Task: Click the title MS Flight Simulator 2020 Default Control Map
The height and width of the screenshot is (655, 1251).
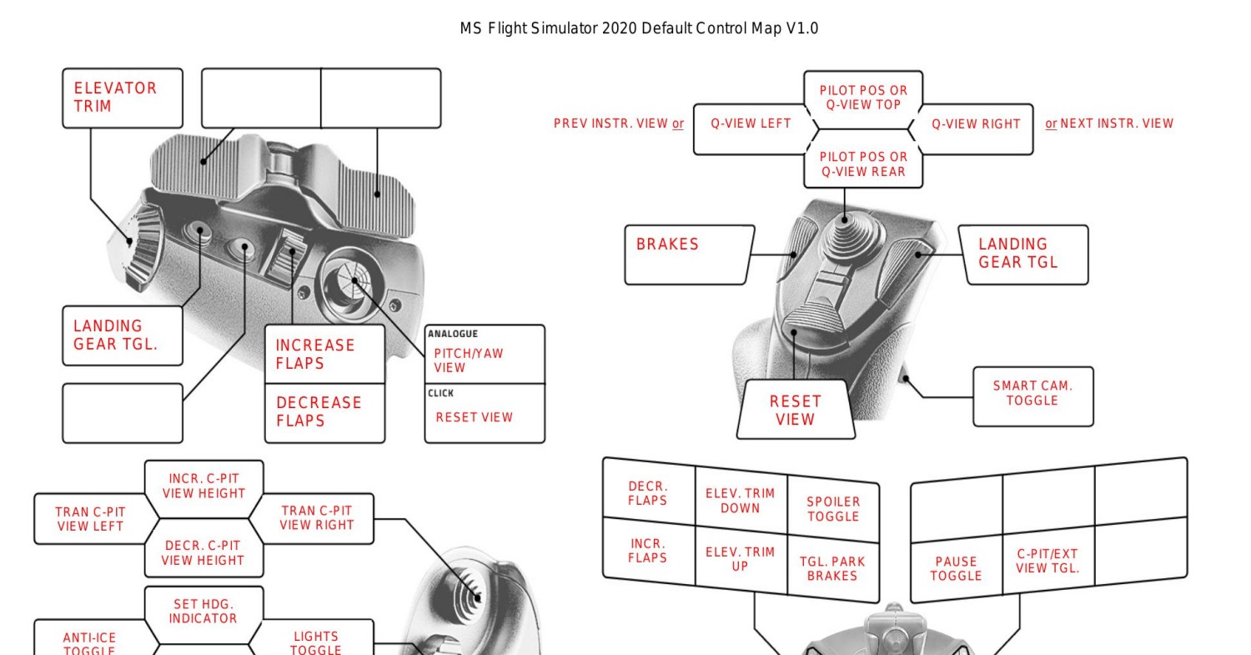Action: click(x=639, y=28)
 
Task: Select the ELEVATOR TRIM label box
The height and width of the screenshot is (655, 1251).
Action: click(x=123, y=98)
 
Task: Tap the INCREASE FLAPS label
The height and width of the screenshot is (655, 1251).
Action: click(x=324, y=354)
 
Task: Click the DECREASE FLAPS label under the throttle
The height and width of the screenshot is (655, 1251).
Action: click(x=324, y=411)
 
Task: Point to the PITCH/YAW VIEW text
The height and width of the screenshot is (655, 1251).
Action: click(x=469, y=360)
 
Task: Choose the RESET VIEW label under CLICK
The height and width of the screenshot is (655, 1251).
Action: click(x=474, y=417)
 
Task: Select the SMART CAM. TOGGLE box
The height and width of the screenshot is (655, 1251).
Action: click(x=1032, y=394)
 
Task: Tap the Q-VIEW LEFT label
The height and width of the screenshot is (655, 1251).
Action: click(x=751, y=124)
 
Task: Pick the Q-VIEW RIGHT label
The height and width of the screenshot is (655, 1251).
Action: click(x=976, y=124)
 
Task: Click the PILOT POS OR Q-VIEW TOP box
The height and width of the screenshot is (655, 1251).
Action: click(x=863, y=98)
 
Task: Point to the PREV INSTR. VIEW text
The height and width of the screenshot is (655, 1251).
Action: click(x=611, y=124)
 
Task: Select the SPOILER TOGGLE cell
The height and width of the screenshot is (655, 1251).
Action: click(x=832, y=509)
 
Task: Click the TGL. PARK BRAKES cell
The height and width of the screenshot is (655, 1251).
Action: click(x=832, y=568)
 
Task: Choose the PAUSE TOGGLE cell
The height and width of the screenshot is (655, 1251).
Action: click(x=956, y=568)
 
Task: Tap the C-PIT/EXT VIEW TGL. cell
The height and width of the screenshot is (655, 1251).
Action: click(x=1048, y=562)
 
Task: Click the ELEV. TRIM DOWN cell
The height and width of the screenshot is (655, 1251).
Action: click(x=740, y=501)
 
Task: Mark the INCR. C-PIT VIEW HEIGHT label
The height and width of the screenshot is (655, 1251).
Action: click(x=203, y=486)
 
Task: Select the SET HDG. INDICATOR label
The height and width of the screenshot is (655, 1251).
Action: click(x=203, y=611)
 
